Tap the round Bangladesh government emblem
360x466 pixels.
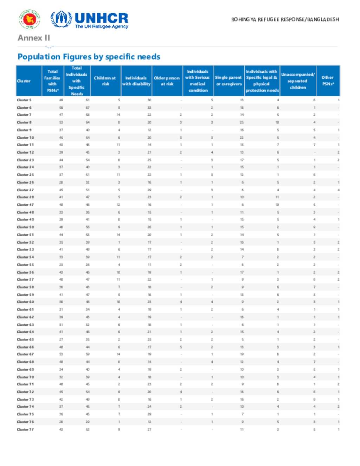coord(30,19)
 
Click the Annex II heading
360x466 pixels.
coord(34,38)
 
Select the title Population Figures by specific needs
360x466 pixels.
coord(89,57)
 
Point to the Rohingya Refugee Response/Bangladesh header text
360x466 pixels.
coord(285,19)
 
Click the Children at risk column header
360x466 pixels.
coord(105,81)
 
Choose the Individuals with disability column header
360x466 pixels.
coord(136,81)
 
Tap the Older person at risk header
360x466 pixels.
coord(167,81)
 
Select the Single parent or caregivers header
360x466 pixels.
coord(229,81)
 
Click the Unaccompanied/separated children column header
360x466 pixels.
coord(298,81)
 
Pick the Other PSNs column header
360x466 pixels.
coord(328,81)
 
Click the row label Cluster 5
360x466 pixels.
coord(24,100)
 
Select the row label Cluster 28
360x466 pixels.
coord(25,197)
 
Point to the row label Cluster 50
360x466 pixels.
coord(25,227)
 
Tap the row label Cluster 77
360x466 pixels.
coord(25,429)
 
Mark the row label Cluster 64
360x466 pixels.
coord(25,332)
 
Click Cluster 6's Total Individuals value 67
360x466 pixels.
coord(88,108)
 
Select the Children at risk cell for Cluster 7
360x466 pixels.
coord(118,115)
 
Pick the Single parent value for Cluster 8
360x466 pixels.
coord(242,122)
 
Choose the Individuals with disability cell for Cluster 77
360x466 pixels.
coord(149,429)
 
